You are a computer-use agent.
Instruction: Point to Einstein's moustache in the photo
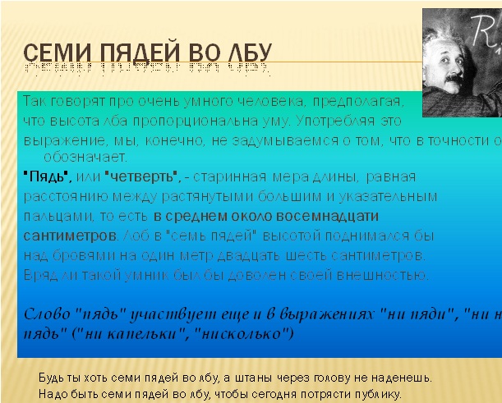[454, 76]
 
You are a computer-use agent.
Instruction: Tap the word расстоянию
[58, 196]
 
